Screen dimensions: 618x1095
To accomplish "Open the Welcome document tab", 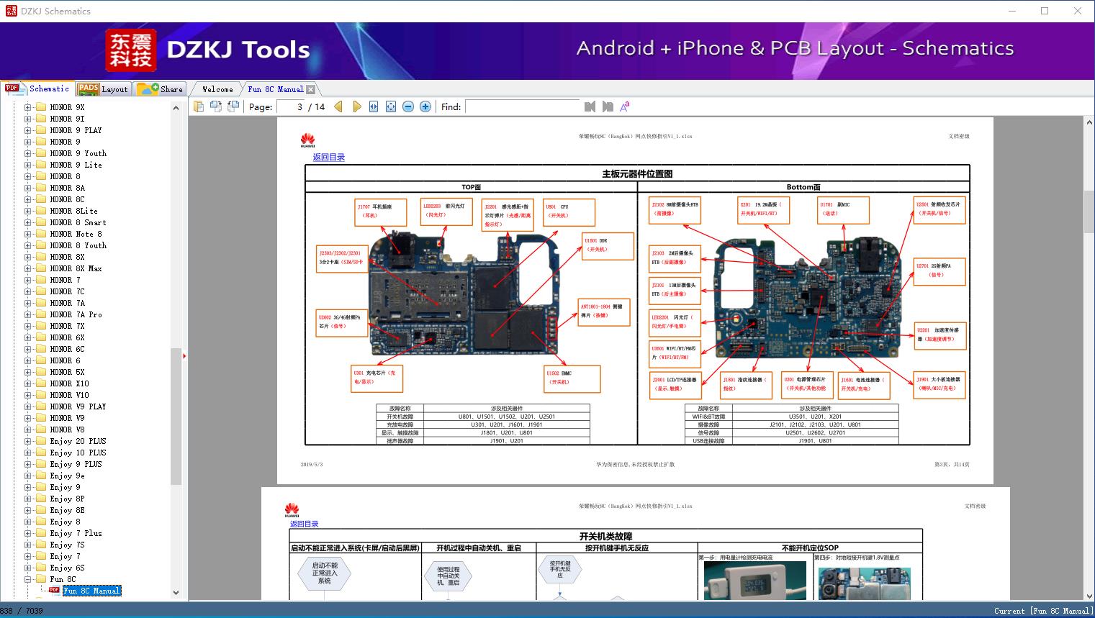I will point(217,89).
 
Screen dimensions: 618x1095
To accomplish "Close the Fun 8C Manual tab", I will point(310,89).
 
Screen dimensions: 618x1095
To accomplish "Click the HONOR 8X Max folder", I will point(76,268).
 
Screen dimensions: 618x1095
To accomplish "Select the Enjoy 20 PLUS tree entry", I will point(78,441).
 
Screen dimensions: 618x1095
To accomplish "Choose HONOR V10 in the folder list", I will point(69,395).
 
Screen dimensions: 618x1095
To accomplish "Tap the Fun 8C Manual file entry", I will point(91,591).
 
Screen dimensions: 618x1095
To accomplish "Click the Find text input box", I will point(523,106).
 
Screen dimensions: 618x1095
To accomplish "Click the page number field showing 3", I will point(291,106).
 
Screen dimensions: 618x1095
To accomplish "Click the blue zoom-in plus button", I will point(425,106).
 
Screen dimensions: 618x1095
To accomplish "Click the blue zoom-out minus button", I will point(408,106).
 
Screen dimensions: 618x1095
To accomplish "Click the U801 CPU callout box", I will point(569,212).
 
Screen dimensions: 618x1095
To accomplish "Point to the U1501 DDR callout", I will point(608,245).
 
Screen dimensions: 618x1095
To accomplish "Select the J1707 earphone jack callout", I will point(381,212).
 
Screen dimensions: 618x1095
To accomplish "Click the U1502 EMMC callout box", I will point(572,378).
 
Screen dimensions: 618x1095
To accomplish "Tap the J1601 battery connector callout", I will point(863,384).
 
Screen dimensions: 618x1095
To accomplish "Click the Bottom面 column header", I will point(803,187).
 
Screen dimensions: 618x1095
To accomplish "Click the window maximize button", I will point(1045,11).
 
